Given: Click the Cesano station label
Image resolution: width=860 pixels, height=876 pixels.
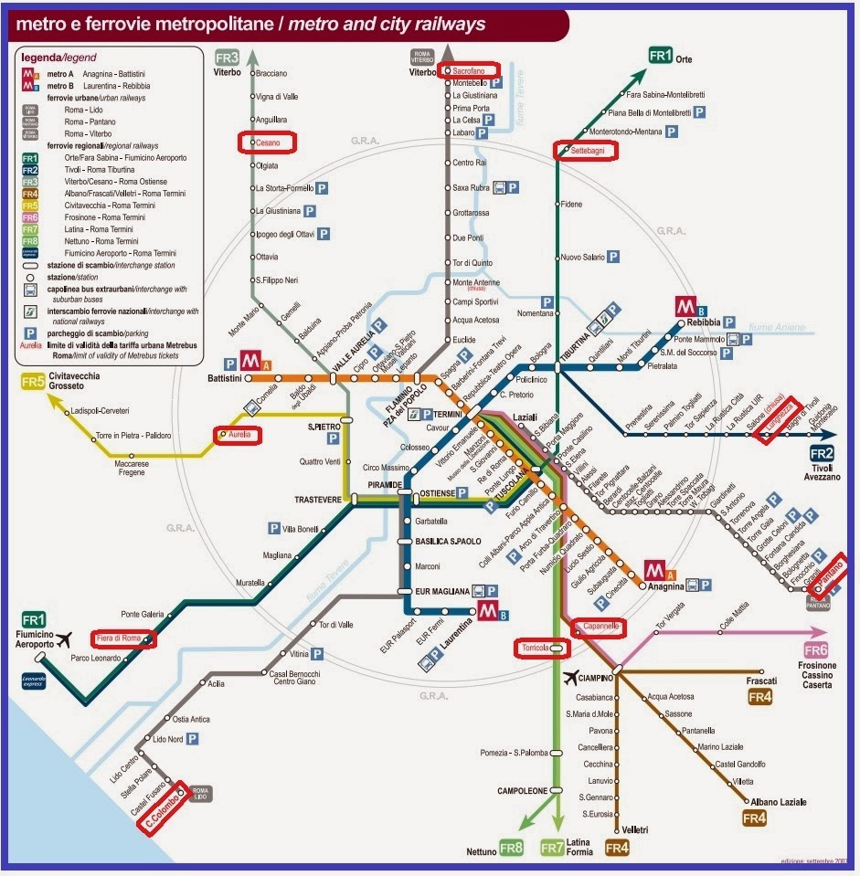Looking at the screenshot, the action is tap(268, 143).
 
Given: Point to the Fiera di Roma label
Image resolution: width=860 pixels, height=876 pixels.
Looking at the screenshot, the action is tap(116, 639).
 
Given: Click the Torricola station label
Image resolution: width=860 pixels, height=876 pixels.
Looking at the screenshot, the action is tap(535, 648).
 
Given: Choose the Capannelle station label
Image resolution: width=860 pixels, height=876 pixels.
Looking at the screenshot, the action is tap(599, 628).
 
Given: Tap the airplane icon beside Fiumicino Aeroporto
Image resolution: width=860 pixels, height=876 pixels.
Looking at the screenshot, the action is tap(63, 639).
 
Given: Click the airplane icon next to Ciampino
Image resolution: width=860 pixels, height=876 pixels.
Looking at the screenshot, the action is tap(573, 677).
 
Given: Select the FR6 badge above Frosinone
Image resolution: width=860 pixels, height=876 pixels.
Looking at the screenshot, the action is tap(816, 650).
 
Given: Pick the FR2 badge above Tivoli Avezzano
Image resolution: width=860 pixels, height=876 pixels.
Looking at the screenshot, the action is tap(822, 454).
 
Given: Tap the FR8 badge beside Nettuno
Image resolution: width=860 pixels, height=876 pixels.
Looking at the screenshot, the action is tap(513, 850).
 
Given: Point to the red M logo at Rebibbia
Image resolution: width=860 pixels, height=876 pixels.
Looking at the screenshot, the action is tap(685, 305).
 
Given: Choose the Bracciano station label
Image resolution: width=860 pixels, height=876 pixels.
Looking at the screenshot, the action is tap(271, 73).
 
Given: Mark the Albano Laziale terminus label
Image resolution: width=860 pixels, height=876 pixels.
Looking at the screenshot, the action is tap(780, 802).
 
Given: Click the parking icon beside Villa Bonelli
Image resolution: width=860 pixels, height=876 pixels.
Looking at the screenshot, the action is tap(272, 528).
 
